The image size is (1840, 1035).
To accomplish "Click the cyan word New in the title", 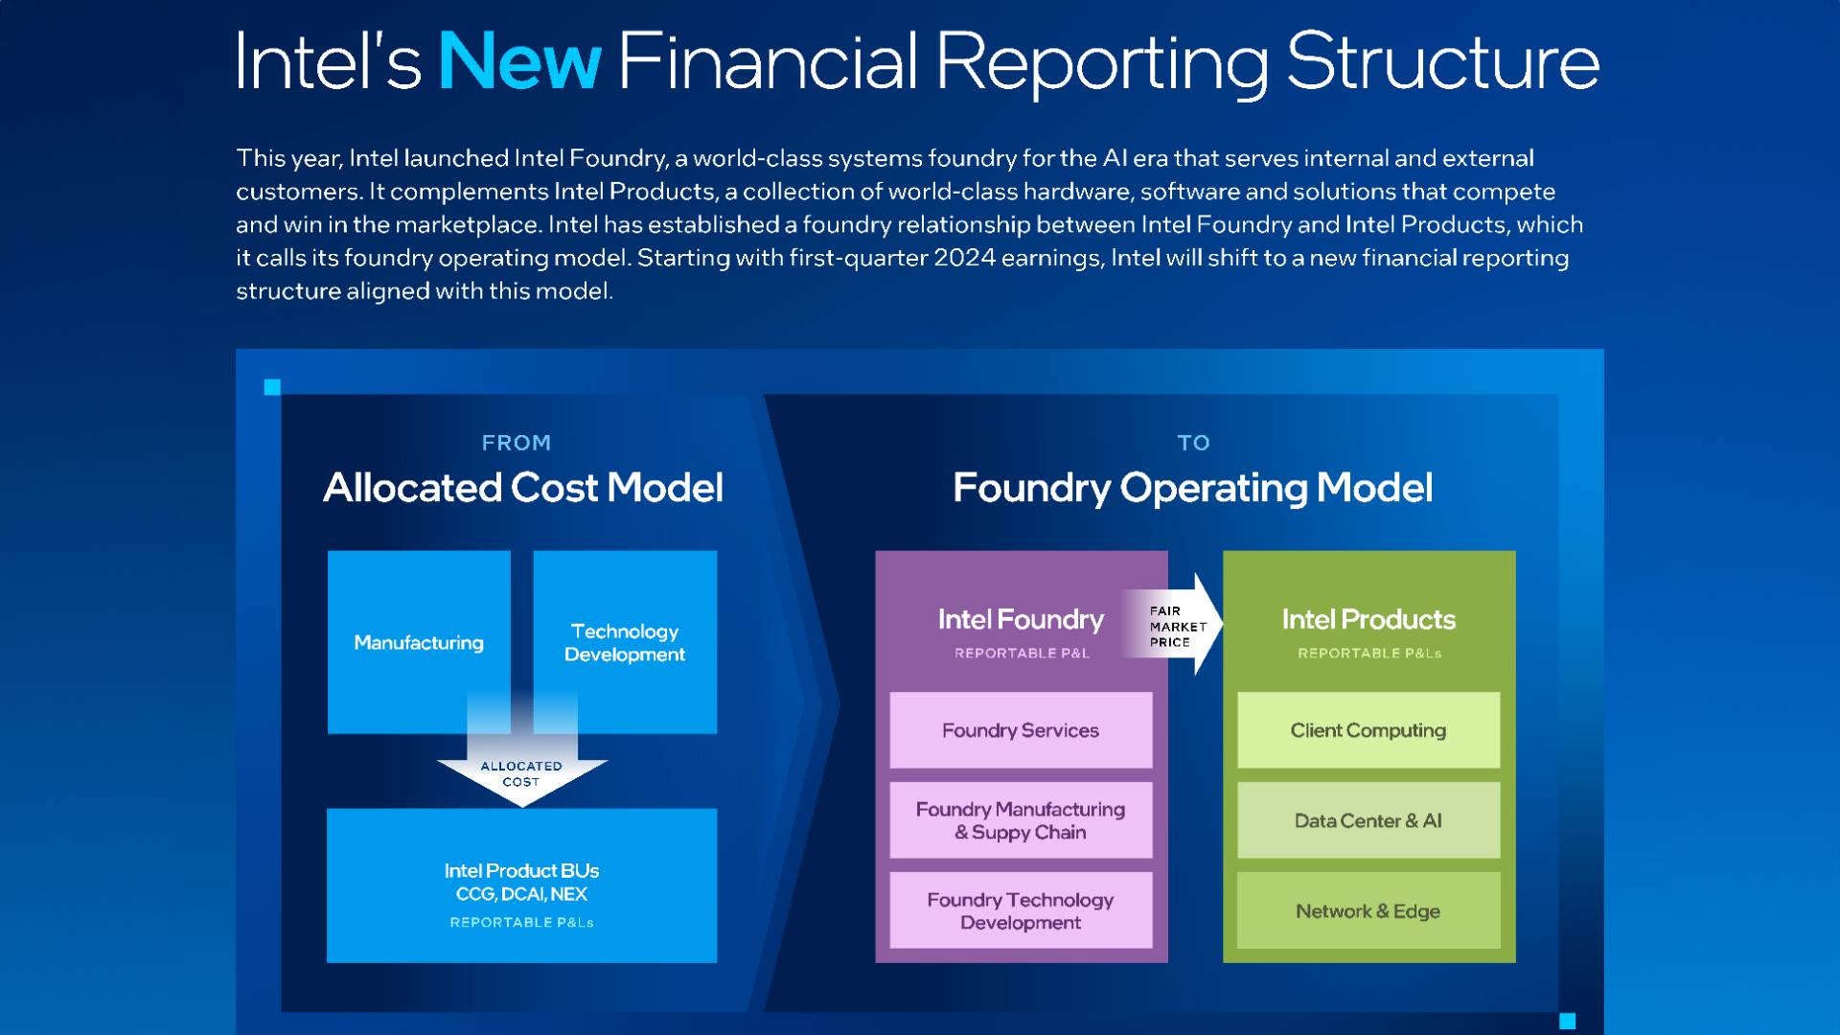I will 519,62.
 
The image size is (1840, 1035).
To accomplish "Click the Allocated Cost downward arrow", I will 522,772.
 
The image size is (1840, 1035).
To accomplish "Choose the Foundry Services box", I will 1021,730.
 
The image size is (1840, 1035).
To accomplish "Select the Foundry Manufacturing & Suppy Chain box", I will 1021,820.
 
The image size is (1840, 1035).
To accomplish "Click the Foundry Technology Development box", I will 1021,910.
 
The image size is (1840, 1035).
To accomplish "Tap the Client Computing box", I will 1368,730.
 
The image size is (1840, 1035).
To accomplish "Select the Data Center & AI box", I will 1368,820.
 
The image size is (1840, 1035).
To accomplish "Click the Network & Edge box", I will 1368,910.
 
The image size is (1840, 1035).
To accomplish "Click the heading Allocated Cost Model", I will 523,488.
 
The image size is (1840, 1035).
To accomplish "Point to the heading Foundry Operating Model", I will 1193,488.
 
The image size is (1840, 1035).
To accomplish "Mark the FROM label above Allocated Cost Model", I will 517,443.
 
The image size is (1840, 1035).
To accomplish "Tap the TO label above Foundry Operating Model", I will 1193,443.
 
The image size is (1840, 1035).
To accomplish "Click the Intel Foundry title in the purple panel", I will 1021,620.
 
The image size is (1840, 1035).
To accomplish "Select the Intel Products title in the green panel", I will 1368,620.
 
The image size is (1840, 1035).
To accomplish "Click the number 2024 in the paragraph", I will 964,258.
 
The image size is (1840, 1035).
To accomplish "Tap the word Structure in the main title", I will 1442,62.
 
